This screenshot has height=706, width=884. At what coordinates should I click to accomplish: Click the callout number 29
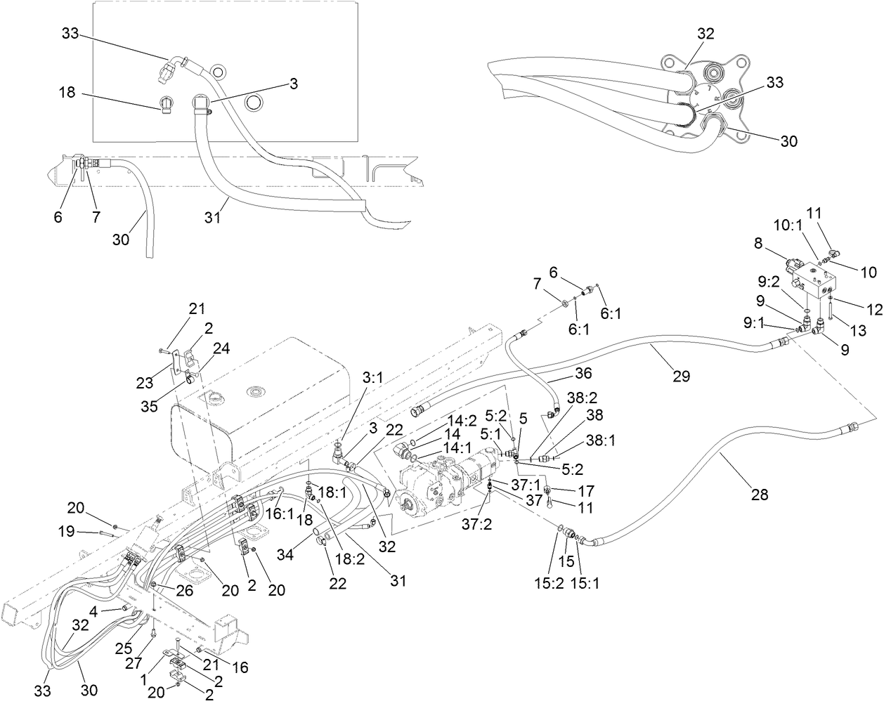[680, 377]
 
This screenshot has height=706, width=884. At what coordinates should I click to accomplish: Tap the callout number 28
[760, 495]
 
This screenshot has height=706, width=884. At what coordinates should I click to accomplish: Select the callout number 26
[184, 590]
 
